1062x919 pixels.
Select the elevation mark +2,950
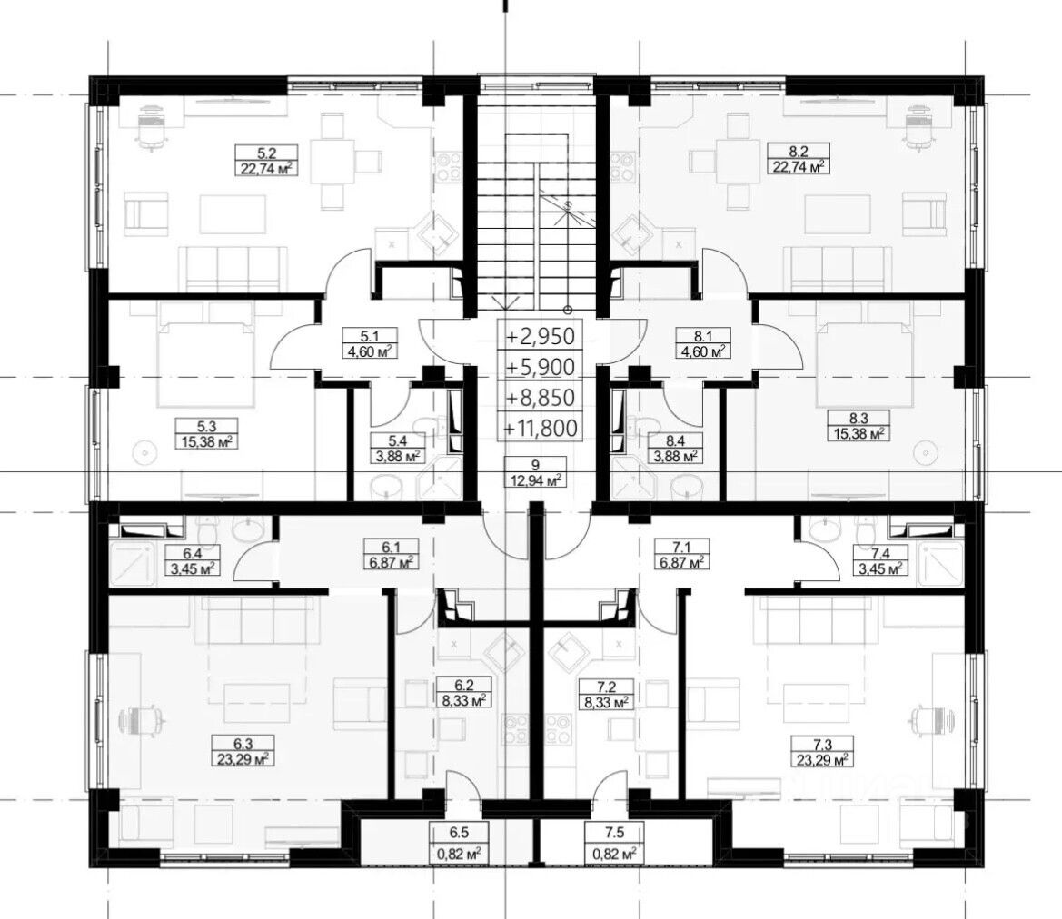pos(540,336)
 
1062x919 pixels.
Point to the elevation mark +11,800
pos(540,428)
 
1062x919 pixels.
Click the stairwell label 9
pos(536,465)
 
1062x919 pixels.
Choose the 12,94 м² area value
pos(536,480)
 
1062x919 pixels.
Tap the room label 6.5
pos(459,834)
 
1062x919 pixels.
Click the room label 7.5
pos(613,834)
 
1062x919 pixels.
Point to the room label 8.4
pos(675,440)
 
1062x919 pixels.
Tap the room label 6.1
pos(392,547)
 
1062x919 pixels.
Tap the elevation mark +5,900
pos(540,367)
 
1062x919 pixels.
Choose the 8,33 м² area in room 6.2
pos(464,701)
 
